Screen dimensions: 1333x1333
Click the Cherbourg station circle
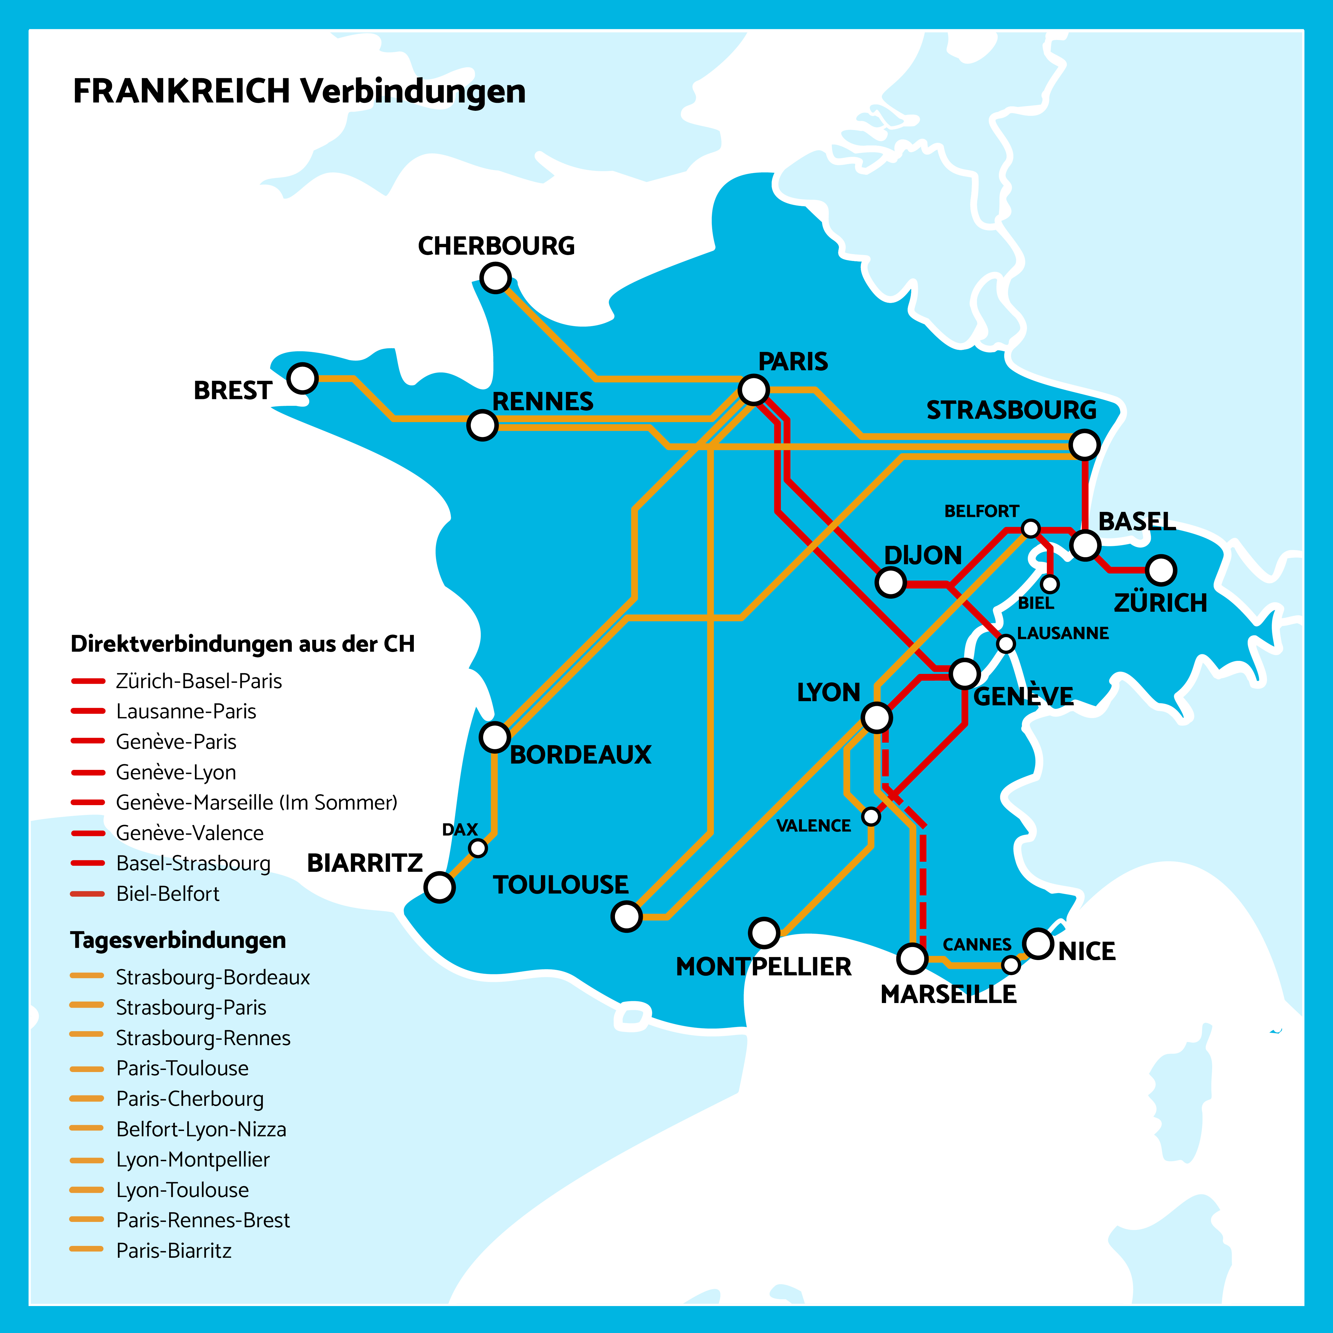coord(495,278)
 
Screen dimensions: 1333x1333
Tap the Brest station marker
coord(302,378)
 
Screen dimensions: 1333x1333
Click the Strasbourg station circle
coord(1084,444)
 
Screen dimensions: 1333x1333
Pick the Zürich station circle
coord(1161,570)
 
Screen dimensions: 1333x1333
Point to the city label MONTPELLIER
coord(763,967)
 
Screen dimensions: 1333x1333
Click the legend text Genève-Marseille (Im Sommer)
coord(257,802)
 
